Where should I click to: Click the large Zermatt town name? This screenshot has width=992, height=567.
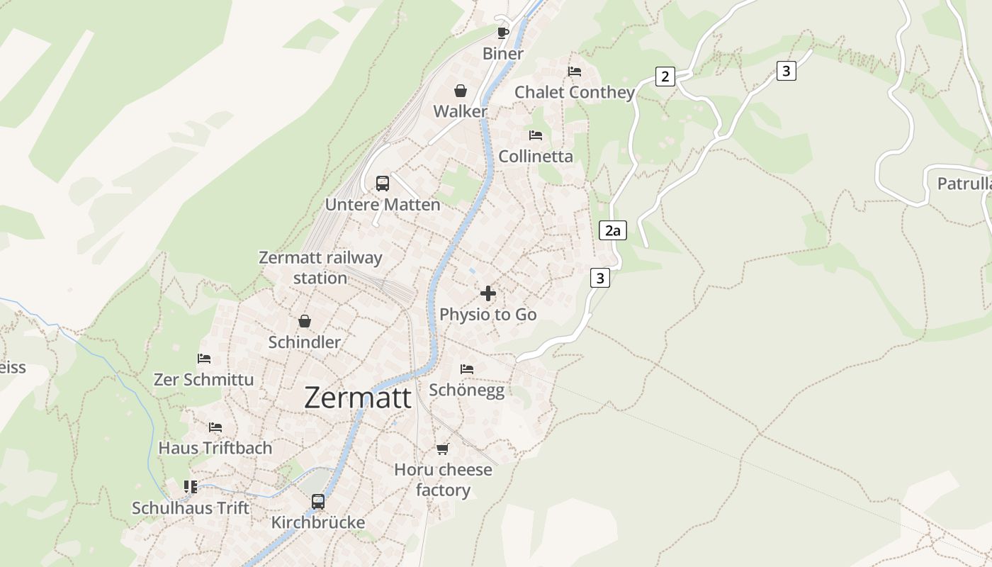point(358,398)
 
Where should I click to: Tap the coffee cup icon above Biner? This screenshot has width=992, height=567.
point(503,33)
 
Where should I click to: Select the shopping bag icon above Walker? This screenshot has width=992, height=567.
point(461,91)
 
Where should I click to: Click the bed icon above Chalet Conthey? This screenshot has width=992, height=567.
point(575,72)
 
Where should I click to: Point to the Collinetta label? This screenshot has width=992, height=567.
point(536,157)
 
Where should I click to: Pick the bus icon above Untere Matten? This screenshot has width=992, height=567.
point(383,184)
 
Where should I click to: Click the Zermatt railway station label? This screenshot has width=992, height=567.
point(320,268)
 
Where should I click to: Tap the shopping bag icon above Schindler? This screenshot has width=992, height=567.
point(305,321)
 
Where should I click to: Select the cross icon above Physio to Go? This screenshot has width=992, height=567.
point(488,293)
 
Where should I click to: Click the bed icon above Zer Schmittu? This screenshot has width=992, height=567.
point(204,359)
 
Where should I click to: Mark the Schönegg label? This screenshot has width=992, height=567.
point(467,390)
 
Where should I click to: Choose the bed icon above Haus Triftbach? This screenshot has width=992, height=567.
point(215,427)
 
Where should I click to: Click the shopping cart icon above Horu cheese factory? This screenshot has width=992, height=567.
point(443,449)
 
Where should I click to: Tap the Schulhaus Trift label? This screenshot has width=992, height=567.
point(191,508)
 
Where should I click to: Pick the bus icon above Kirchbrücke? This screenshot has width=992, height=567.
point(318,502)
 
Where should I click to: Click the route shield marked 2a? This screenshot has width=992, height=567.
point(613,230)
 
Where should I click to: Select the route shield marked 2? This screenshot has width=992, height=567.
point(665,77)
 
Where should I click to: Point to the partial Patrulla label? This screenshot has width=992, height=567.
point(964,184)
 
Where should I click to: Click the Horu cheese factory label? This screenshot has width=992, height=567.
point(443,480)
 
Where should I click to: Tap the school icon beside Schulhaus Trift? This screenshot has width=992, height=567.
point(191,486)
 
